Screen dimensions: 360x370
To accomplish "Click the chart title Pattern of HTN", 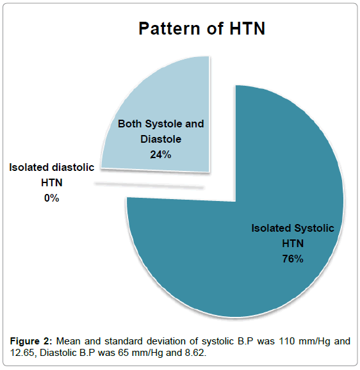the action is click(202, 29).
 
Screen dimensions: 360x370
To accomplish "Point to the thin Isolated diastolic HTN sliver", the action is click(149, 185).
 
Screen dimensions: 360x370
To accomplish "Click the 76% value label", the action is click(293, 259).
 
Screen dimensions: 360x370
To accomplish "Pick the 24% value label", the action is click(161, 154).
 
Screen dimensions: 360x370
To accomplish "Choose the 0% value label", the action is click(52, 198).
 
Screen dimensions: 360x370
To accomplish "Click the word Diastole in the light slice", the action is click(161, 139).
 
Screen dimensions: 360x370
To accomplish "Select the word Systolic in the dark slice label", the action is click(314, 229).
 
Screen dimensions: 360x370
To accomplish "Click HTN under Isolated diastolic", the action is click(52, 182).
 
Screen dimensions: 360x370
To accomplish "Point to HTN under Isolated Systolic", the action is click(293, 243).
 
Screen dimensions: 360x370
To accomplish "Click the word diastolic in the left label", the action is click(73, 167).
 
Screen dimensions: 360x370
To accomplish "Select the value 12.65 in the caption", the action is click(23, 353).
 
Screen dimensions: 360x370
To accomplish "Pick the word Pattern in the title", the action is click(169, 29).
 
